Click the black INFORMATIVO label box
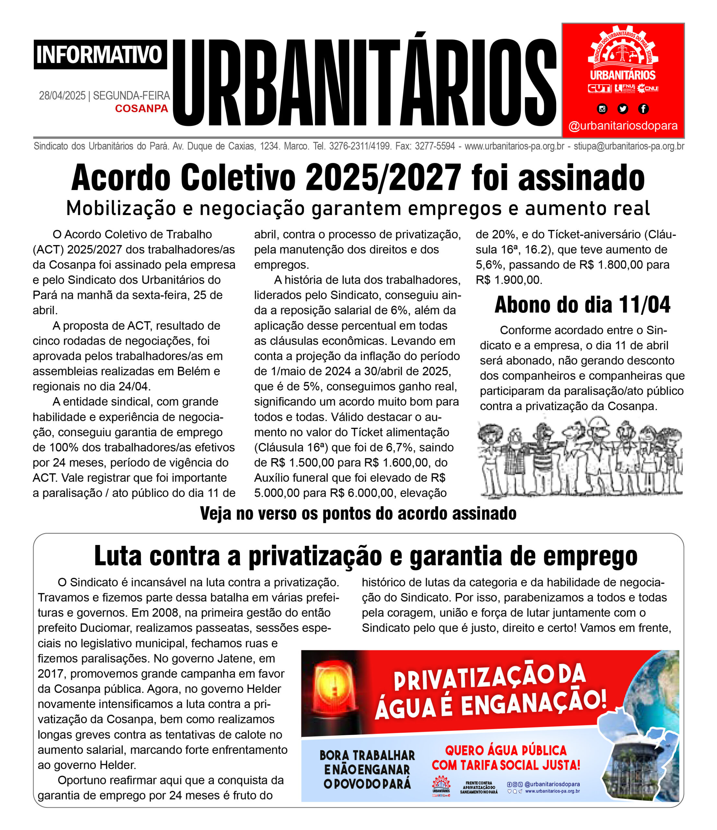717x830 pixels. pyautogui.click(x=100, y=54)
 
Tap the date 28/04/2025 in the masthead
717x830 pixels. pyautogui.click(x=62, y=96)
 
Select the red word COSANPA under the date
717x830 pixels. pyautogui.click(x=141, y=109)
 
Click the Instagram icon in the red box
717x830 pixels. pyautogui.click(x=602, y=109)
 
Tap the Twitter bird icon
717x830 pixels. pyautogui.click(x=622, y=109)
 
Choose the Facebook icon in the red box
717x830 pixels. pyautogui.click(x=643, y=109)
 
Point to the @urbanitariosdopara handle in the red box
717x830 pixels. pyautogui.click(x=623, y=126)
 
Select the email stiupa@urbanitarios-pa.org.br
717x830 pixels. pyautogui.click(x=629, y=147)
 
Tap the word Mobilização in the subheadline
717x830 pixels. pyautogui.click(x=121, y=208)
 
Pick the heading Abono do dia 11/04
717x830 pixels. pyautogui.click(x=582, y=305)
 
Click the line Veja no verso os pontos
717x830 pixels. pyautogui.click(x=358, y=514)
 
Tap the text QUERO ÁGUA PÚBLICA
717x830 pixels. pyautogui.click(x=506, y=750)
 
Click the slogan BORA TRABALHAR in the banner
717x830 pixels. pyautogui.click(x=367, y=755)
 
